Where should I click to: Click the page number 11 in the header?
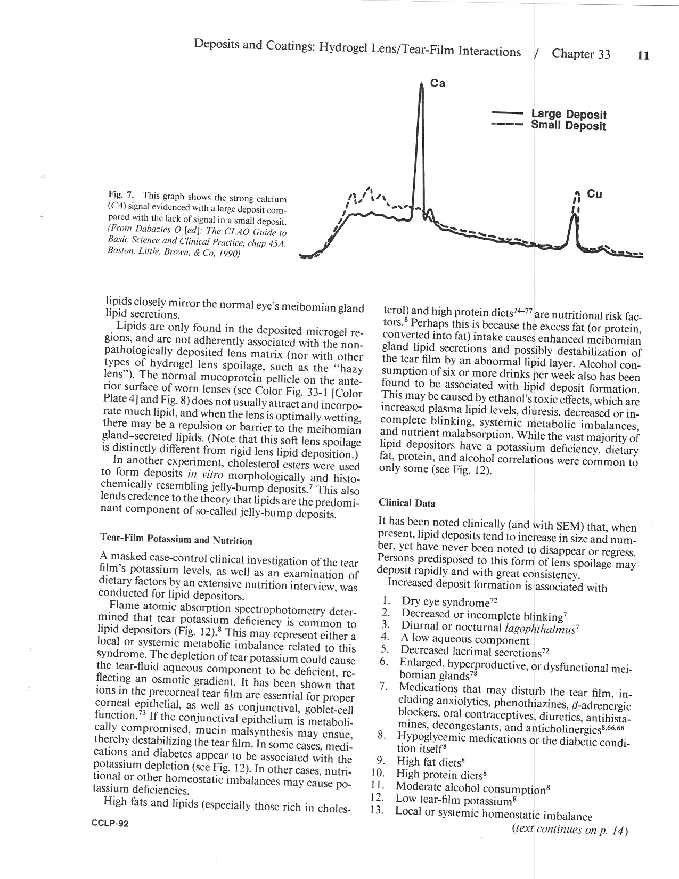tap(643, 55)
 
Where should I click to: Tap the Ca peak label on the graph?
tap(437, 84)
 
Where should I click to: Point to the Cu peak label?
tap(594, 194)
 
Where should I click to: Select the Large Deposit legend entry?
tap(568, 115)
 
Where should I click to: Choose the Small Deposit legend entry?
tap(568, 126)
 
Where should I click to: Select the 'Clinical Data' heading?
tap(406, 503)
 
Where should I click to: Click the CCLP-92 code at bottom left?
tap(110, 824)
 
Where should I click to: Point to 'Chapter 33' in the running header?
tap(581, 54)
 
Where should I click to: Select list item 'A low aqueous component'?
tap(465, 639)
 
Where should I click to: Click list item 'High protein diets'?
tap(441, 774)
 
